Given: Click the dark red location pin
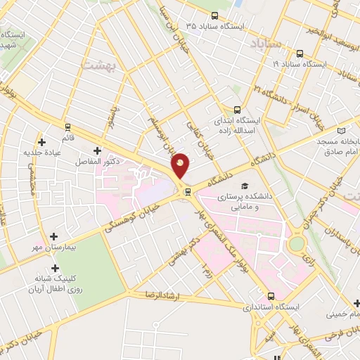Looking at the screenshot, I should click(x=181, y=165).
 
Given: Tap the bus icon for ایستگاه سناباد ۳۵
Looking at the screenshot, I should click(x=214, y=15).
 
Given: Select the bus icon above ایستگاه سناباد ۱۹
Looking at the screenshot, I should click(x=300, y=53).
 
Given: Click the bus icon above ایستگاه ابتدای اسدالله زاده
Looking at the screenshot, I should click(x=237, y=110).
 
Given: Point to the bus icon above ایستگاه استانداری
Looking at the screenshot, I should click(x=271, y=297).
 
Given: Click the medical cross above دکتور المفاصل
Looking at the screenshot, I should click(x=97, y=150).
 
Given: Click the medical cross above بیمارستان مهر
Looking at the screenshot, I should click(x=54, y=237).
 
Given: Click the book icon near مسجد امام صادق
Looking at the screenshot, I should click(x=342, y=131).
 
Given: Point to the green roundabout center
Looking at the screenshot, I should click(x=297, y=244).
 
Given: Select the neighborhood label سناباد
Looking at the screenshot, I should click(x=265, y=44).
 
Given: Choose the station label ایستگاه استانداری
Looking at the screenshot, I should click(x=271, y=308).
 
